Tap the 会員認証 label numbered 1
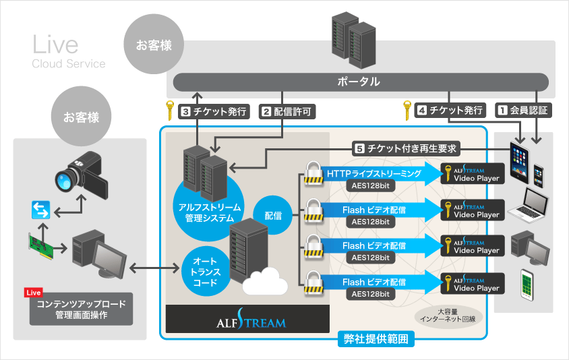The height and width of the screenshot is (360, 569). (523, 109)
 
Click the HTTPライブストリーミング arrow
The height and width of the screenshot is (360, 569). (375, 173)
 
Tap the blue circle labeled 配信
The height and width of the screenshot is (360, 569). (272, 216)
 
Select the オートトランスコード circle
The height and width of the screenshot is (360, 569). (205, 270)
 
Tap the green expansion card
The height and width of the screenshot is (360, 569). (42, 245)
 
